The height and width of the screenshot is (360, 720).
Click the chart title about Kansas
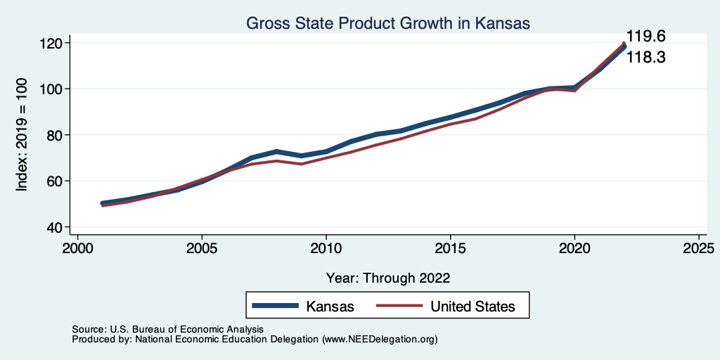pyautogui.click(x=387, y=23)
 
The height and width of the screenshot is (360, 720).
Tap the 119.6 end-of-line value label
pyautogui.click(x=645, y=37)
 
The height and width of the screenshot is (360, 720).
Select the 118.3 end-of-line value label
pyautogui.click(x=645, y=58)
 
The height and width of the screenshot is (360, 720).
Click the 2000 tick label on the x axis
pyautogui.click(x=77, y=249)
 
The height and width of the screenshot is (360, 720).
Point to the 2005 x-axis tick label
pyautogui.click(x=202, y=249)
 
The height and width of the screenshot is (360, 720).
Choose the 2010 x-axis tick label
pyautogui.click(x=326, y=249)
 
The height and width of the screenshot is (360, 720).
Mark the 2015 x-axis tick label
pyautogui.click(x=450, y=249)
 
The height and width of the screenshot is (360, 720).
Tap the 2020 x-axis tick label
pyautogui.click(x=574, y=249)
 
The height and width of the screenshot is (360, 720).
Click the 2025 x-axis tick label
pyautogui.click(x=699, y=249)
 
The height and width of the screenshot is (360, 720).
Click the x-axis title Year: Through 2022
pyautogui.click(x=388, y=277)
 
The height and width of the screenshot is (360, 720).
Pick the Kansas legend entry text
pyautogui.click(x=330, y=307)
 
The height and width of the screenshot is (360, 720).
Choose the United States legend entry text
pyautogui.click(x=472, y=307)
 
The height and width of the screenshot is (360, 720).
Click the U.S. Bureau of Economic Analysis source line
pyautogui.click(x=167, y=329)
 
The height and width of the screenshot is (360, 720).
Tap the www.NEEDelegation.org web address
pyautogui.click(x=380, y=339)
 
